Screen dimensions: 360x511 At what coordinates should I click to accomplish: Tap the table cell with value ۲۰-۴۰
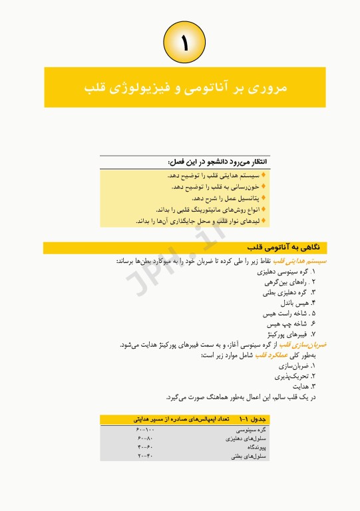pos(146,457)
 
